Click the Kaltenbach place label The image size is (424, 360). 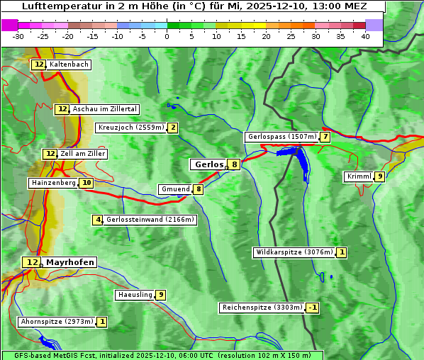[x=69, y=64]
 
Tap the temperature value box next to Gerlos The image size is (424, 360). [x=234, y=164]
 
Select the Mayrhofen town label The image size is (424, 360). [x=69, y=262]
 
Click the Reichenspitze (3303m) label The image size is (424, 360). [x=262, y=308]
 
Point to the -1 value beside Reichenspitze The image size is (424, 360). [x=312, y=308]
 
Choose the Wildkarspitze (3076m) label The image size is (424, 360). [x=294, y=252]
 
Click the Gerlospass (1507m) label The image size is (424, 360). [x=281, y=137]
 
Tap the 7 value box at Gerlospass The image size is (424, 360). [x=325, y=137]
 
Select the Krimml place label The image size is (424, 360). [x=359, y=176]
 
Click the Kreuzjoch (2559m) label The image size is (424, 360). [x=130, y=128]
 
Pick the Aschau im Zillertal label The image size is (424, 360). [x=104, y=109]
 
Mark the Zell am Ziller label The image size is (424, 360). [x=83, y=154]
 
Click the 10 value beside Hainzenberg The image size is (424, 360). [x=87, y=183]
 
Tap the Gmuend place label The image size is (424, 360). [x=175, y=189]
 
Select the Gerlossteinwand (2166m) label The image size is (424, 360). [x=150, y=220]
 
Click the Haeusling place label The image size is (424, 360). [x=135, y=295]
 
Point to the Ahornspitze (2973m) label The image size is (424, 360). [x=57, y=322]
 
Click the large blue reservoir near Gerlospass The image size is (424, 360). [x=301, y=163]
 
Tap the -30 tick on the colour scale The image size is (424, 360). [x=18, y=36]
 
